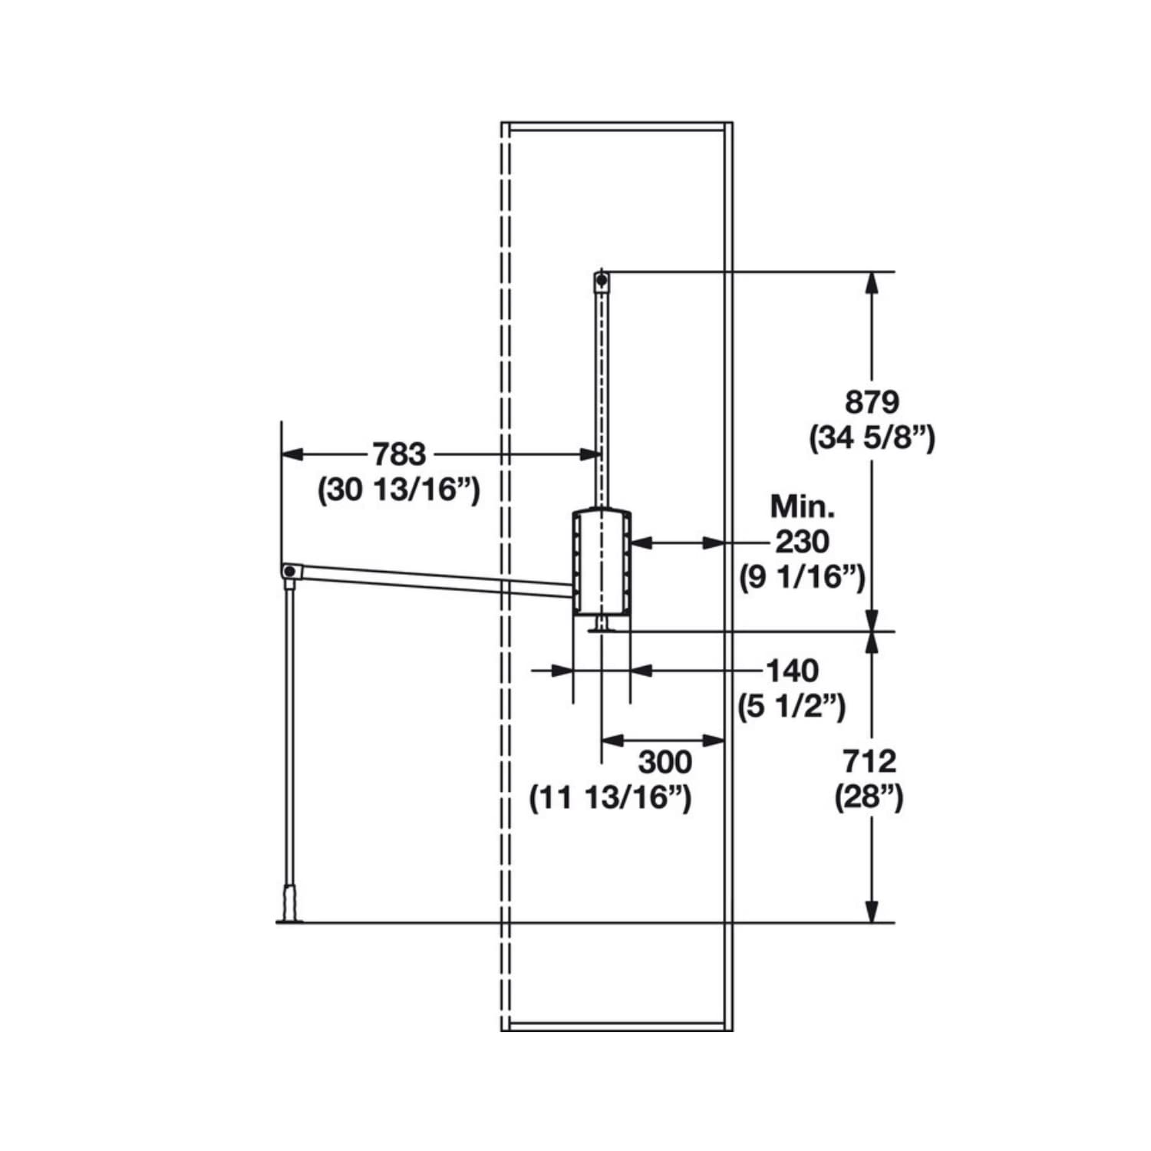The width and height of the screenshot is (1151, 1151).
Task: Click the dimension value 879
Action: tap(871, 402)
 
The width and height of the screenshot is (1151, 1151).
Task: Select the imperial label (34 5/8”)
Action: tap(872, 439)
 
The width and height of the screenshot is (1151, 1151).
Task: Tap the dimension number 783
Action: tap(399, 454)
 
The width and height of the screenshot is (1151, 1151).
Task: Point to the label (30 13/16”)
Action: tap(399, 490)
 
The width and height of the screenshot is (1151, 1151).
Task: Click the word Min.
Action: tap(803, 506)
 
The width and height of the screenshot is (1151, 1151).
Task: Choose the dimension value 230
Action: tap(802, 542)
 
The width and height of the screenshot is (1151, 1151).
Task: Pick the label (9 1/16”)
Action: tap(802, 577)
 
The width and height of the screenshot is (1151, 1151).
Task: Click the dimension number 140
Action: tap(793, 671)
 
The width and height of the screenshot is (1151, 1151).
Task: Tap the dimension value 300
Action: tap(665, 762)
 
